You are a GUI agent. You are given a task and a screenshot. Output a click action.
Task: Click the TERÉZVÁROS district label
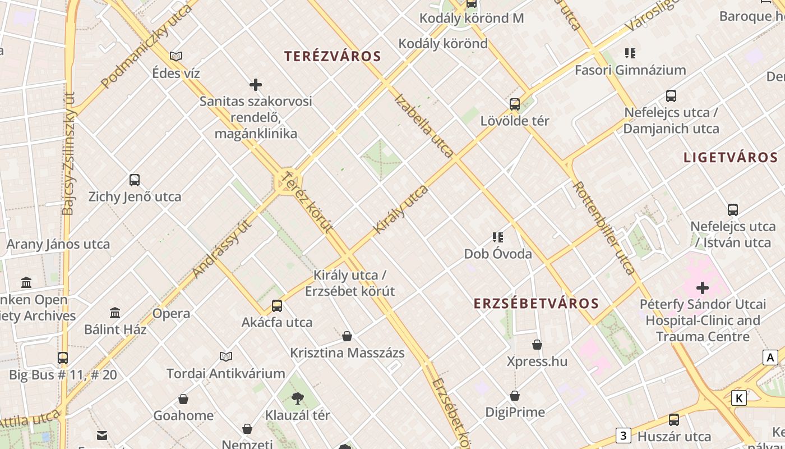pos(333,56)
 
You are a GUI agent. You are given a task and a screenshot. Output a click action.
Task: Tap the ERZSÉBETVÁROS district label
pos(536,304)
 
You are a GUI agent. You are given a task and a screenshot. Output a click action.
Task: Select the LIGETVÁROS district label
pos(731,157)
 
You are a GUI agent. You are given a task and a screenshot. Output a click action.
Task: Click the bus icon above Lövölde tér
pos(515,104)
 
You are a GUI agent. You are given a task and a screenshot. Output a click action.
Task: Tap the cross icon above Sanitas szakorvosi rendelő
pos(256,85)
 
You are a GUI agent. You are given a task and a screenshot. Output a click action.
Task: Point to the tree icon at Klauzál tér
pos(298,398)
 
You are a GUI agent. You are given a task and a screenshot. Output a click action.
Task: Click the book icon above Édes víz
pos(176,56)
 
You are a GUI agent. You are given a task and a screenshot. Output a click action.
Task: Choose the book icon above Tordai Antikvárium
pos(226,356)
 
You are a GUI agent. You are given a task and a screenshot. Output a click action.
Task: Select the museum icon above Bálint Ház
pos(115,313)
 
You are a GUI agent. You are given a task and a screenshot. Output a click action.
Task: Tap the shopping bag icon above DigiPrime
pos(515,396)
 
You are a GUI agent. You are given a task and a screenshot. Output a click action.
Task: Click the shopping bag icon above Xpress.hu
pos(537,344)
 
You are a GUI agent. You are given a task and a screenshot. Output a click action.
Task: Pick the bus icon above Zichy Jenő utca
pos(135,180)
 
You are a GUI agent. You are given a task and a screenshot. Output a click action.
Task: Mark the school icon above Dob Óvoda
pos(497,237)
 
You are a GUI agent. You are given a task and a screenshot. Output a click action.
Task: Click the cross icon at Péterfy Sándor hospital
pos(703,288)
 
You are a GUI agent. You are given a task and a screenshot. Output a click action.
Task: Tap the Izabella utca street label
pos(424,125)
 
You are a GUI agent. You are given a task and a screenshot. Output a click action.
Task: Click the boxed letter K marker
pos(740,398)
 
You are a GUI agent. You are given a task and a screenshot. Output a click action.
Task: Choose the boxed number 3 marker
pos(623,435)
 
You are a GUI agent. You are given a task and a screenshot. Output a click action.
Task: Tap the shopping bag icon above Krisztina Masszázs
pos(347,337)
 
